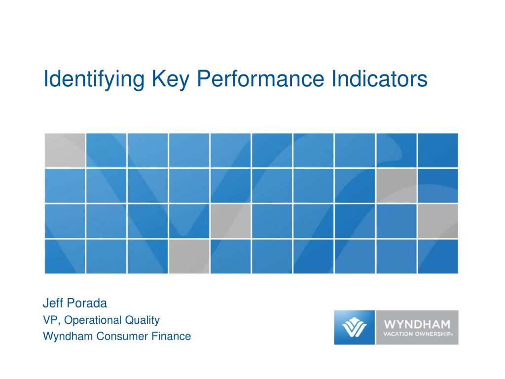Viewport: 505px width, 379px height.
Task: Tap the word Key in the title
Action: tap(172, 79)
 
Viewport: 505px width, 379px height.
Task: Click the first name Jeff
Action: tap(52, 303)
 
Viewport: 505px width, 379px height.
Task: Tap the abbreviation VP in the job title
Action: tap(50, 320)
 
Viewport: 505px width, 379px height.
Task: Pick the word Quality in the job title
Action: tap(142, 320)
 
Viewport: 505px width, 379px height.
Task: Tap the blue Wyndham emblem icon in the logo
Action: tap(354, 327)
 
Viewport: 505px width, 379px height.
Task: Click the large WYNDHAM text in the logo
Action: tap(417, 325)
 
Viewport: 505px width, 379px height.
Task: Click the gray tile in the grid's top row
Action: tap(65, 150)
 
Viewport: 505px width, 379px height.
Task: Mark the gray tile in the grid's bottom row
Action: tap(189, 256)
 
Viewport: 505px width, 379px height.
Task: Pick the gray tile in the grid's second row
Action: tap(396, 186)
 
